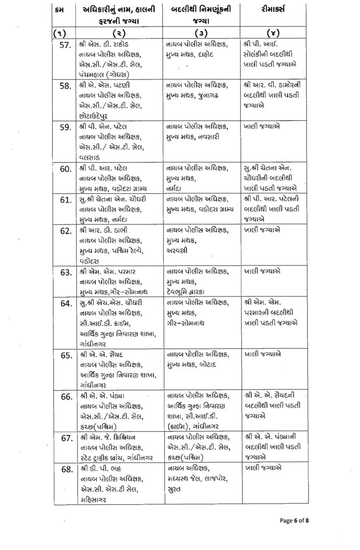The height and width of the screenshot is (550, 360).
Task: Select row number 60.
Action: click(66, 169)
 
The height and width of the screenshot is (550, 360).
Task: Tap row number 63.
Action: click(66, 272)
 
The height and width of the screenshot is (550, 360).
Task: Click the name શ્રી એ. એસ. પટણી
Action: click(104, 86)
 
